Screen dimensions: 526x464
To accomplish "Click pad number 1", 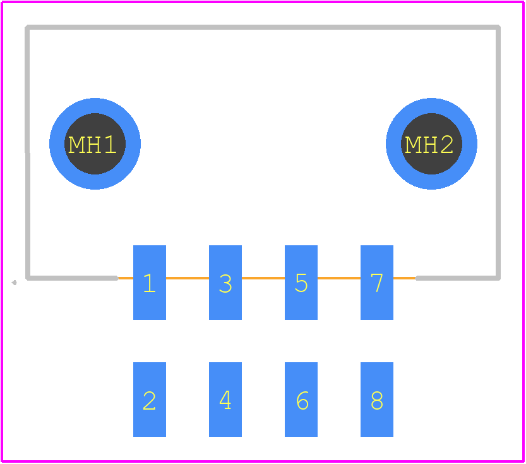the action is pos(150,283).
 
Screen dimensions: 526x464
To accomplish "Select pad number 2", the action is pos(150,399).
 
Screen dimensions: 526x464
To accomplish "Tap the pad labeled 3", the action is pos(225,283).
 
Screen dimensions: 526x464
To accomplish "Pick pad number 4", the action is pos(225,399).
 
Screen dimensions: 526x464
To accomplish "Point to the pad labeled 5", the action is pos(301,283).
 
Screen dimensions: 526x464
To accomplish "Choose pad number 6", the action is pos(301,399).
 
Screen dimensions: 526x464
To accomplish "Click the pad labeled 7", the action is pos(377,283).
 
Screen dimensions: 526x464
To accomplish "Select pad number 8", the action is pos(377,399).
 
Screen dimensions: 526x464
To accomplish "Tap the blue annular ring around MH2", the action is pos(431,106).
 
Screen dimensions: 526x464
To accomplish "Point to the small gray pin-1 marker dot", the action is pos(14,283).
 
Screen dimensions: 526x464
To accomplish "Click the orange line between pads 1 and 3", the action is pos(188,278).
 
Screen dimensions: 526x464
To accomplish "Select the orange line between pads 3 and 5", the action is pos(263,278).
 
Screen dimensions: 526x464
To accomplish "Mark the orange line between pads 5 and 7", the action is pos(339,278).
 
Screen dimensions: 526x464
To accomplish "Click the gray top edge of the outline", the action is pos(263,27).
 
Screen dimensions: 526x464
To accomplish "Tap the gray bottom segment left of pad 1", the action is pos(72,278).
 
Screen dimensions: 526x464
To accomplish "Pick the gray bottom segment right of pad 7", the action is pos(458,278).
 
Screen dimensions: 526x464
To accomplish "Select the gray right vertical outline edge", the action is pos(498,152).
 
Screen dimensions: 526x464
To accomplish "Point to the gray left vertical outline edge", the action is pos(28,152).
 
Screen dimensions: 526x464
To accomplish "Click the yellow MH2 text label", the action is pos(429,145).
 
